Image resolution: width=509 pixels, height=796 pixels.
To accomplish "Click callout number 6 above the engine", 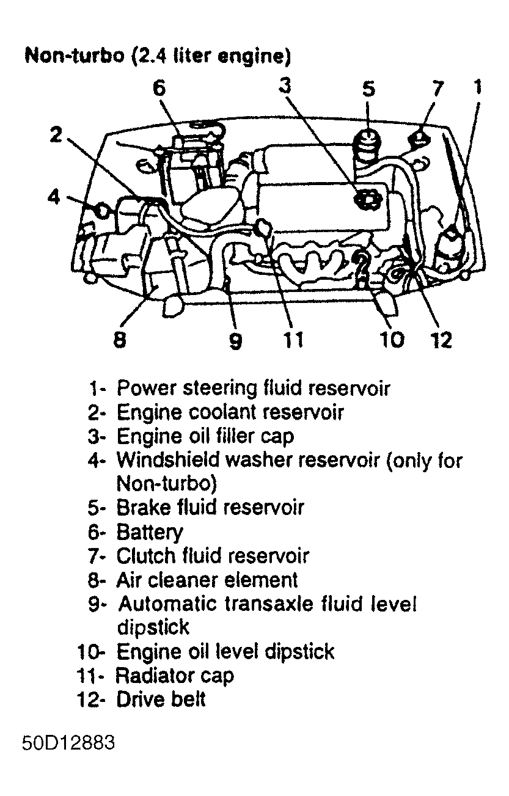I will tap(159, 89).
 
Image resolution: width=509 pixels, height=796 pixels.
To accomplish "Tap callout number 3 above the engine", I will tap(285, 86).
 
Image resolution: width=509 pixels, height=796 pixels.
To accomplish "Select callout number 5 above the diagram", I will tap(368, 89).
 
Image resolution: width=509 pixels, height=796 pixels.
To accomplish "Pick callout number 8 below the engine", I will tap(120, 340).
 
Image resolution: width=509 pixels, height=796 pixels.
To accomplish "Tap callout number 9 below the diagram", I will tap(235, 341).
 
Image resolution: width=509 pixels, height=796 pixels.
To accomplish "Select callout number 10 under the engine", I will tap(392, 340).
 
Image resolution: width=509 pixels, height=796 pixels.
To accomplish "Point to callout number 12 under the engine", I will tap(440, 340).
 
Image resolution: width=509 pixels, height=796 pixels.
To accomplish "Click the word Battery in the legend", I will tap(149, 532).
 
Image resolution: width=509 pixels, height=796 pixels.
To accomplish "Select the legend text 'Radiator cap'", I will tap(174, 675).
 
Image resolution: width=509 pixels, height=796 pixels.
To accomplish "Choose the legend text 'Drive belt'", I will tap(161, 699).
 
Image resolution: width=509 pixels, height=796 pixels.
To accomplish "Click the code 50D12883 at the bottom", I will tap(68, 745).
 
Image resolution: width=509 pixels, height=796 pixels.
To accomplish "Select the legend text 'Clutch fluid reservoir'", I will tap(212, 556).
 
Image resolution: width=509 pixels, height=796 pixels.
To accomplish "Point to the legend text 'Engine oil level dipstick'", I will tap(225, 651).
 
